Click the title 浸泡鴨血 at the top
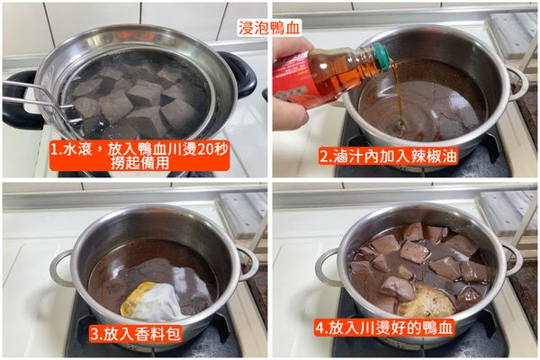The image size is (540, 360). [x=270, y=26]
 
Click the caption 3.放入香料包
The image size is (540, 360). [x=134, y=331]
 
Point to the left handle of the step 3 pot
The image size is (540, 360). [x=61, y=267]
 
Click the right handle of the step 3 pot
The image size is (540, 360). [x=247, y=262]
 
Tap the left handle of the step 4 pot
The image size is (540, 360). [x=328, y=267]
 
